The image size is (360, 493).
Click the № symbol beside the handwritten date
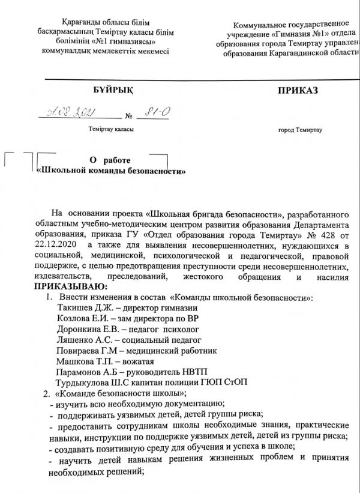[x=128, y=115]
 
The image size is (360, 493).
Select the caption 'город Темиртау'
[x=300, y=130]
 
